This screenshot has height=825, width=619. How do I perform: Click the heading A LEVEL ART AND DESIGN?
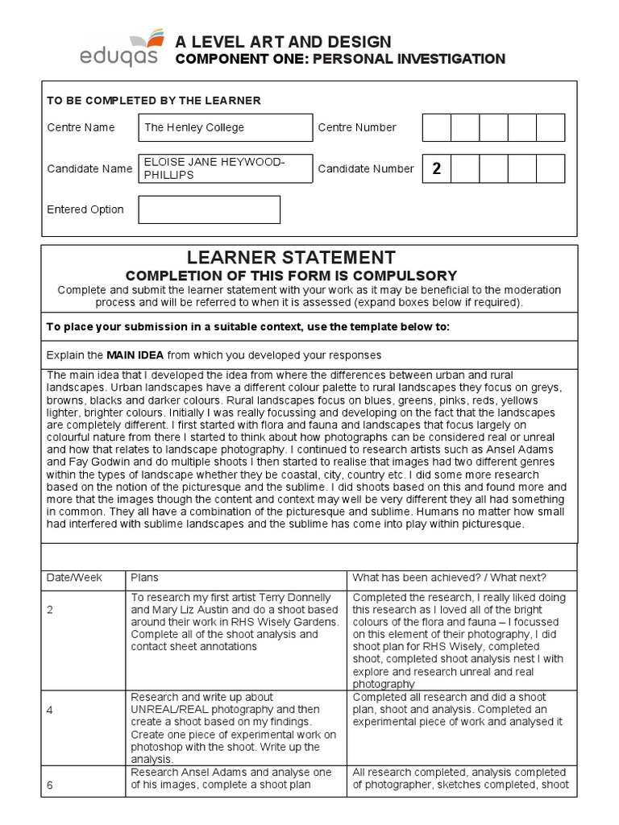[x=283, y=42]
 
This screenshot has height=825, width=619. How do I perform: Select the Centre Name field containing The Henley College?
[x=225, y=127]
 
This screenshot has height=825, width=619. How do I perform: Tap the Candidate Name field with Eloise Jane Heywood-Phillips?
[x=225, y=168]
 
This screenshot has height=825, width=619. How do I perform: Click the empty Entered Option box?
[x=209, y=209]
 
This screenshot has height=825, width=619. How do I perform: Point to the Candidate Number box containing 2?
[x=437, y=168]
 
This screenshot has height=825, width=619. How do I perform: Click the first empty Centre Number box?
[x=437, y=127]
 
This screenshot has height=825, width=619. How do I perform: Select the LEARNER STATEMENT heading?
[x=291, y=258]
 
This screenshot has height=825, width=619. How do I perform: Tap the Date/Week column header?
[x=70, y=578]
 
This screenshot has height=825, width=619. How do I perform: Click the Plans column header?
[x=144, y=578]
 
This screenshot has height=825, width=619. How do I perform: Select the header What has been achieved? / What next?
[x=449, y=578]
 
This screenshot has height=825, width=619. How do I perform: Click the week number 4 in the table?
[x=50, y=711]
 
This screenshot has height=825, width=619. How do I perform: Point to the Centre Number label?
[x=357, y=127]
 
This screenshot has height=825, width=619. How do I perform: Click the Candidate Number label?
[x=366, y=168]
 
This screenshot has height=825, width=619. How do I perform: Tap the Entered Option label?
[x=85, y=209]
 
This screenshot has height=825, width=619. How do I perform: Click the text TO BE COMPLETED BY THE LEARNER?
[x=153, y=101]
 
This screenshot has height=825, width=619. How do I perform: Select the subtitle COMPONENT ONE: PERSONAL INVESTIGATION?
[x=340, y=60]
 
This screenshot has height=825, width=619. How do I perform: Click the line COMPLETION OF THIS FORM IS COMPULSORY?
[x=291, y=276]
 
